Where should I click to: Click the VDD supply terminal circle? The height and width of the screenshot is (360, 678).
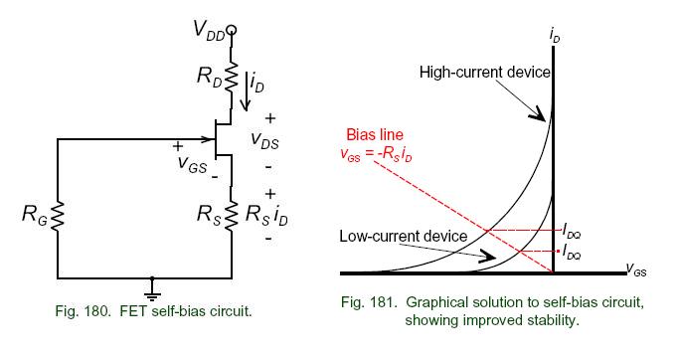[232, 30]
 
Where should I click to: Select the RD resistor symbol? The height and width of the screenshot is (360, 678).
[232, 77]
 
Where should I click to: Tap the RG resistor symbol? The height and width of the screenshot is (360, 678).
[58, 216]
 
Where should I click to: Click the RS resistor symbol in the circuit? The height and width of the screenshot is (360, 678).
[232, 215]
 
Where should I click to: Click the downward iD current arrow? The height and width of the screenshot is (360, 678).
[246, 91]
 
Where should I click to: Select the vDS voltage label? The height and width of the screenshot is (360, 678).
[264, 140]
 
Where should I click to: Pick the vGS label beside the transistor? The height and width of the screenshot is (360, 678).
[192, 163]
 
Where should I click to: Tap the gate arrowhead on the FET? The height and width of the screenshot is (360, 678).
[211, 139]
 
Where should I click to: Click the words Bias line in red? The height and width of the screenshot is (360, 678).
[375, 134]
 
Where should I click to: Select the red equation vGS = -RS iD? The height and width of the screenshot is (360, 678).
[376, 154]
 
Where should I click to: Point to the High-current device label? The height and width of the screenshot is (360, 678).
[484, 72]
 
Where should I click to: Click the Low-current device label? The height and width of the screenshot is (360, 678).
[403, 237]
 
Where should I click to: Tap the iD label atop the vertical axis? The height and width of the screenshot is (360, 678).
[555, 36]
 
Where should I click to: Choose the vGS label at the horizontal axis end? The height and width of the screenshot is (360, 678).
[636, 270]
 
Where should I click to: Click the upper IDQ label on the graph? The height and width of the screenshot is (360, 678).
[572, 231]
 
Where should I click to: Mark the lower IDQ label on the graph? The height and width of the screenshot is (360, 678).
[572, 252]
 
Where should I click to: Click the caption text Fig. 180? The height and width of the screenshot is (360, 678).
[83, 310]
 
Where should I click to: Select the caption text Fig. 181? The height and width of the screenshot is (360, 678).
[369, 301]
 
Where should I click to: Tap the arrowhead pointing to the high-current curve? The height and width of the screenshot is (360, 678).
[538, 113]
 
